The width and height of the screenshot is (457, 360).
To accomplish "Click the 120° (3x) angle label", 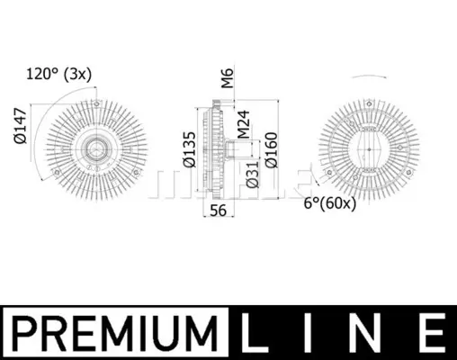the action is pyautogui.click(x=59, y=74).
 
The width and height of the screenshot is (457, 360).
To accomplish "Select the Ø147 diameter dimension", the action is pyautogui.click(x=21, y=126).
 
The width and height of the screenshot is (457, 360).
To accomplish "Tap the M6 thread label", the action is pyautogui.click(x=228, y=78).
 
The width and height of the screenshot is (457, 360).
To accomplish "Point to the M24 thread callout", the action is pyautogui.click(x=243, y=124).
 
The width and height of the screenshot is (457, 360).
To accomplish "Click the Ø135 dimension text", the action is pyautogui.click(x=190, y=149).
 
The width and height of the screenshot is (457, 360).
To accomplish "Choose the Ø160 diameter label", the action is pyautogui.click(x=272, y=150).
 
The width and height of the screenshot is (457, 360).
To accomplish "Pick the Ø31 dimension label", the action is pyautogui.click(x=252, y=175).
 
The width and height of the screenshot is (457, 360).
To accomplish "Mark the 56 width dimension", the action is pyautogui.click(x=218, y=211).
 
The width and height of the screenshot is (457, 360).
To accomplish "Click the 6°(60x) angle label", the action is pyautogui.click(x=330, y=203).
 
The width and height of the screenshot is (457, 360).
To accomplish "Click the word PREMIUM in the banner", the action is pyautogui.click(x=116, y=333).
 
